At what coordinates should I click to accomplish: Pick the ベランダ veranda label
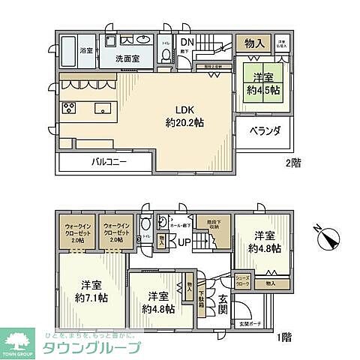[x=265, y=130]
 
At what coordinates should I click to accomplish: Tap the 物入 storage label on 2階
[x=254, y=44]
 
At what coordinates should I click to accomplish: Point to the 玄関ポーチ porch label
[x=249, y=324]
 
